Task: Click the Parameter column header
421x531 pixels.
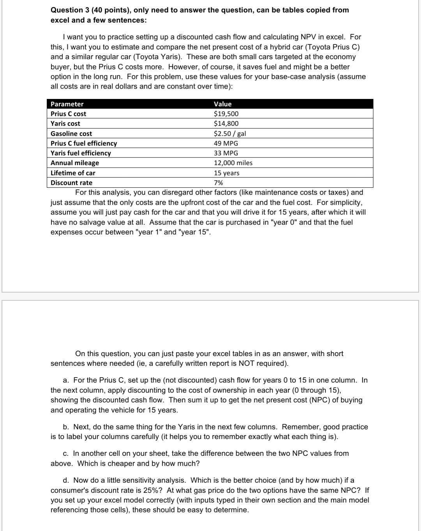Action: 67,104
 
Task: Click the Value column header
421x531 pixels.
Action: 223,104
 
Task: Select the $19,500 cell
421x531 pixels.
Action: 226,114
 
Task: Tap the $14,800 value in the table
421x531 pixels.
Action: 226,123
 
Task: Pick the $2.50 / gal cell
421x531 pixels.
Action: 230,134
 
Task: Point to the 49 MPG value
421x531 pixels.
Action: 226,143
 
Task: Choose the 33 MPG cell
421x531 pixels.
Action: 226,153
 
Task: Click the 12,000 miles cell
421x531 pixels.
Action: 233,163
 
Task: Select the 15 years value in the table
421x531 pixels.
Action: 226,173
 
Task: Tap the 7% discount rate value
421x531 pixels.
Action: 218,183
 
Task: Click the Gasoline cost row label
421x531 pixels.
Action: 71,134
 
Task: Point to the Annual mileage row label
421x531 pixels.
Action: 75,163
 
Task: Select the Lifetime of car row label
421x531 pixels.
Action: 73,173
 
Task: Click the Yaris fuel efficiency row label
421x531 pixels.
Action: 81,153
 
